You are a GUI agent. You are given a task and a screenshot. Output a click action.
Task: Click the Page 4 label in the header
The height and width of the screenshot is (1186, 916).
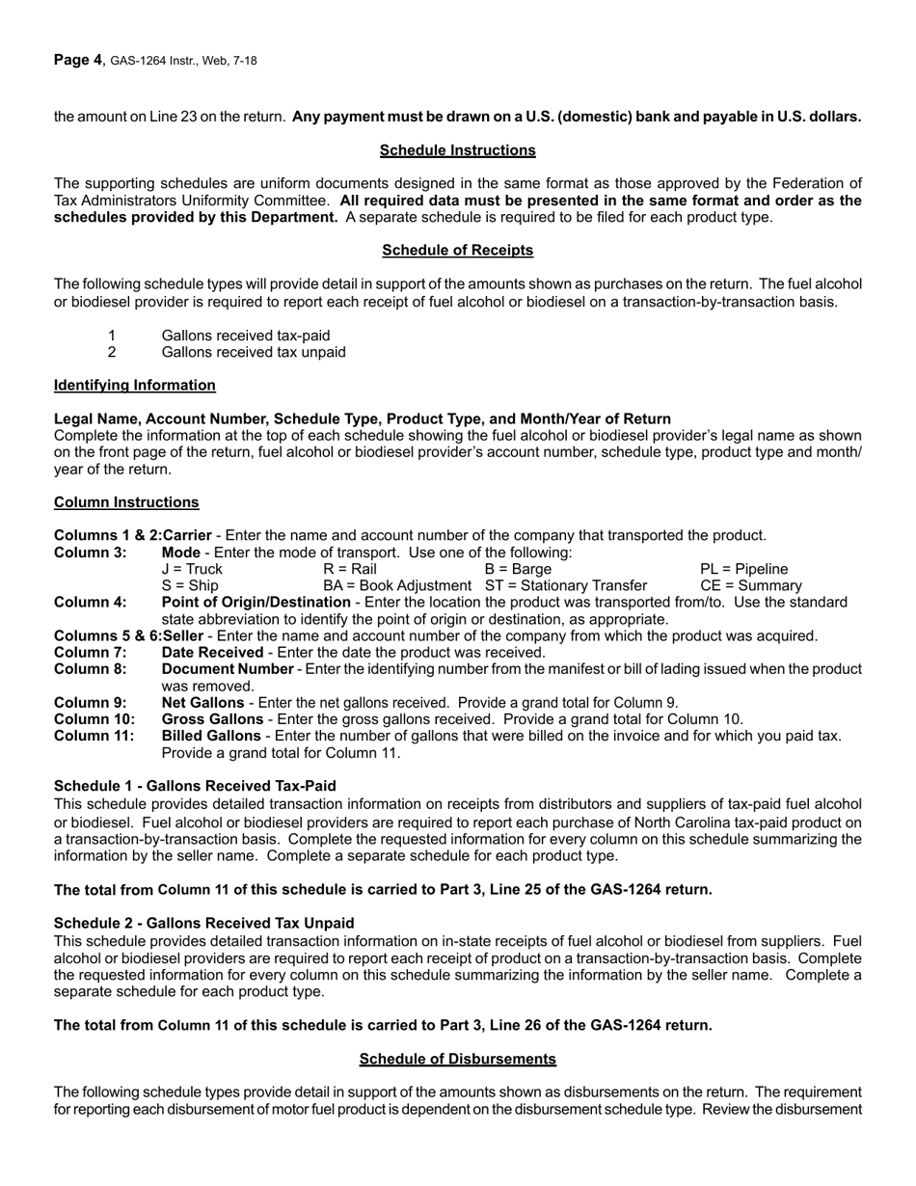tap(77, 60)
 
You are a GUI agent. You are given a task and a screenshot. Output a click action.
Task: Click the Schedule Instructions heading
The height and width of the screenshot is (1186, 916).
tap(457, 150)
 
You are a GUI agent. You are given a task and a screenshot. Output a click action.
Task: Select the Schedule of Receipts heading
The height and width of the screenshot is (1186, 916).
tap(457, 251)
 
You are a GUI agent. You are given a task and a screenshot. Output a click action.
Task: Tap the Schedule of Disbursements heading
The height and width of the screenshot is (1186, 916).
tap(457, 1059)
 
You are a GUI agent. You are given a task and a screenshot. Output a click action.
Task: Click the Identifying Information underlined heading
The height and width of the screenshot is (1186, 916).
tap(135, 386)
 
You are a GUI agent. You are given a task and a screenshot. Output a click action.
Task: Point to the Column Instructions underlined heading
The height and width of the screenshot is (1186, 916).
tap(126, 502)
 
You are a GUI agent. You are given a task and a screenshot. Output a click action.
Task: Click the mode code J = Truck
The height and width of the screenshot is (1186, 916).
tap(192, 569)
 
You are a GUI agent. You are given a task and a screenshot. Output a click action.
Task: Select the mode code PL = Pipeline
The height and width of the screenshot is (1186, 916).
tap(743, 569)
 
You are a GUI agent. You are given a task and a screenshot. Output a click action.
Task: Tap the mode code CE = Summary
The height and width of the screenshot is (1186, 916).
tap(750, 586)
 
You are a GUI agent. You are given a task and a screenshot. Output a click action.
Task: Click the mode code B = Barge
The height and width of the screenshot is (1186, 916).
tap(518, 569)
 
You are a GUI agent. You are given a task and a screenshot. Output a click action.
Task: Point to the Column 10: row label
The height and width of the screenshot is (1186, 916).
tap(94, 719)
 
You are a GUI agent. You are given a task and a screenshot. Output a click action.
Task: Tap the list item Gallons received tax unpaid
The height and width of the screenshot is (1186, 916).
tap(254, 352)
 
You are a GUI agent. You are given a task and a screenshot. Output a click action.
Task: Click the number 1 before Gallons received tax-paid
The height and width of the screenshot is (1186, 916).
tap(112, 336)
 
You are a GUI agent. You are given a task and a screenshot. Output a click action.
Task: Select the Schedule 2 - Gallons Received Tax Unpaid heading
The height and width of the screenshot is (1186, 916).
tap(203, 923)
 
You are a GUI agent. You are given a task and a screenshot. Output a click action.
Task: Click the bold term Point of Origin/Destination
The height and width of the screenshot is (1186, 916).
tap(256, 603)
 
